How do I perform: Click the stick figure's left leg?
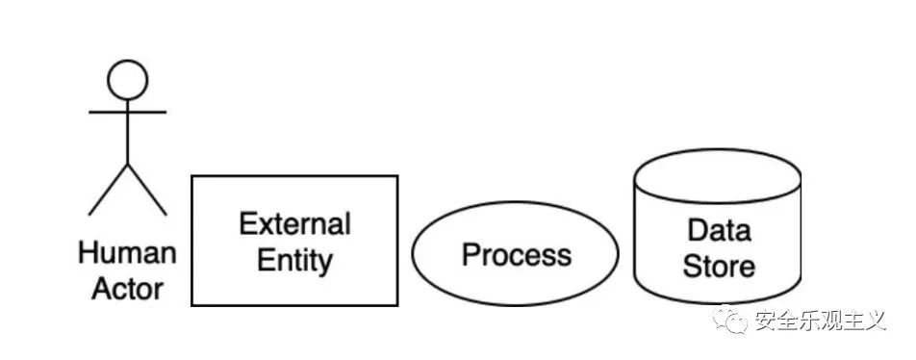coord(108,190)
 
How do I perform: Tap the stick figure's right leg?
coord(147,190)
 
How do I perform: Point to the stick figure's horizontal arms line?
coord(127,112)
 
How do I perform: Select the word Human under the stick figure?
coord(127,254)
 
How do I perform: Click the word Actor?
coord(127,290)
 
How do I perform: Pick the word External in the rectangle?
coord(295,224)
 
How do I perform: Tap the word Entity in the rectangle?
coord(295,261)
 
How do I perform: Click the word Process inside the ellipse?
coord(517,255)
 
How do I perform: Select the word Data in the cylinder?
coord(719,230)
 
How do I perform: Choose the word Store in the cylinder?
coord(719,267)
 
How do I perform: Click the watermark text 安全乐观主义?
coord(820,321)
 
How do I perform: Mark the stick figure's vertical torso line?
coord(127,132)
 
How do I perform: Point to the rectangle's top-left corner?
coord(192,176)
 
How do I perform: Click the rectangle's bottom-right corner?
coord(397,305)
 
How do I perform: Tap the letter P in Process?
coord(471,255)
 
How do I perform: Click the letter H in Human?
coord(89,254)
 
